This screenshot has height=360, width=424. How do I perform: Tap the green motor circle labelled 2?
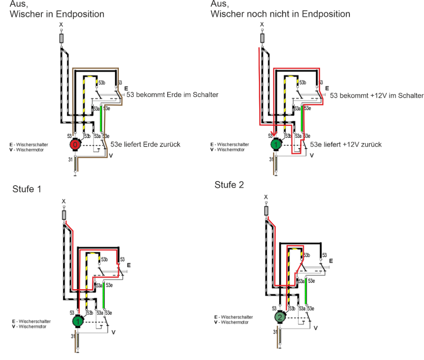(x=280, y=318)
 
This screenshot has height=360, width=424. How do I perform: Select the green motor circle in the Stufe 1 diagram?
(x=78, y=321)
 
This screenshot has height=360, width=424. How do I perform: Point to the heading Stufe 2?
(x=229, y=185)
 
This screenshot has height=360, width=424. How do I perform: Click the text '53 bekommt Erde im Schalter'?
(x=172, y=95)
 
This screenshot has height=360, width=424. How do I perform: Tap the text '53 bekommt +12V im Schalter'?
(x=376, y=96)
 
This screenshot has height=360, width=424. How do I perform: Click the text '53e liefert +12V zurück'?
(x=346, y=144)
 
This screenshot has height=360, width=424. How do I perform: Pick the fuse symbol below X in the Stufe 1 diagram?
(x=64, y=215)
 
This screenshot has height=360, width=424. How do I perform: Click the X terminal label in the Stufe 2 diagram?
(x=266, y=197)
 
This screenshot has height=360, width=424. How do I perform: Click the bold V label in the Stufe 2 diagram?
(x=316, y=328)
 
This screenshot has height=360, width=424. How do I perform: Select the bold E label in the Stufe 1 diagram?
(x=128, y=265)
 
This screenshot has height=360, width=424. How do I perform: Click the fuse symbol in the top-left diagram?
(x=61, y=39)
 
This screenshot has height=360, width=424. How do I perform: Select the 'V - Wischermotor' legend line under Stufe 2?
(x=231, y=322)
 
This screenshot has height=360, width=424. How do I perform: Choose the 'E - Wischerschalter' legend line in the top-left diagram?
(x=29, y=145)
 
